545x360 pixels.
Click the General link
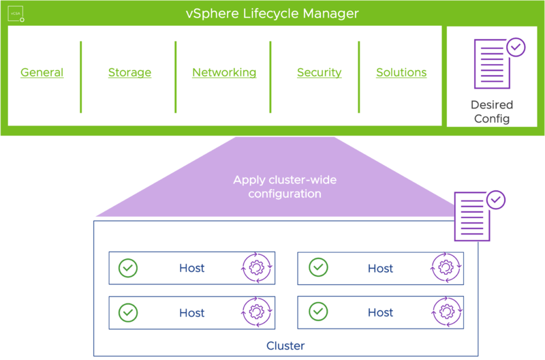pos(42,72)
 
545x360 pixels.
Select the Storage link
pos(129,72)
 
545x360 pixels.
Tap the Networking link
pos(224,72)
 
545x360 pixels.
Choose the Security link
pos(319,72)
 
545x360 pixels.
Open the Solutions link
pos(401,72)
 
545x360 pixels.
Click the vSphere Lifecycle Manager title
pos(272,14)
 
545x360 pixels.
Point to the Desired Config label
pos(492,112)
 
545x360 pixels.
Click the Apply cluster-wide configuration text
pos(284,187)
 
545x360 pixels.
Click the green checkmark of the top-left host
pos(127,267)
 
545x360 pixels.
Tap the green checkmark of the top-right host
pos(317,267)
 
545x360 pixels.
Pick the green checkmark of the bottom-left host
pos(127,312)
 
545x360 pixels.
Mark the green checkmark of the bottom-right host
pos(317,312)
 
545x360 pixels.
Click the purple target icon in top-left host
pos(257,267)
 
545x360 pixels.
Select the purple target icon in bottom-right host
pos(446,312)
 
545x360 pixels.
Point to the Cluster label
pos(285,346)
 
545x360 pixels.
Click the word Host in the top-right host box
pos(381,268)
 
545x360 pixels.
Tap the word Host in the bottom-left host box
pos(192,313)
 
